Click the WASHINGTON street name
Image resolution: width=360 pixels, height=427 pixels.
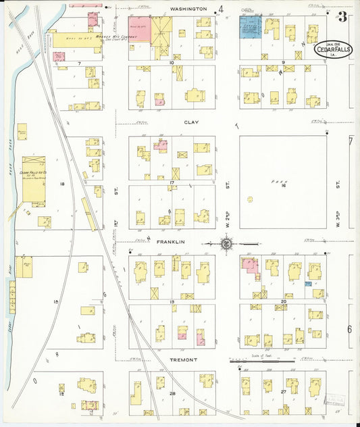click(188, 9)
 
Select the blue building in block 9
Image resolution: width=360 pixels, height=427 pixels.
click(251, 30)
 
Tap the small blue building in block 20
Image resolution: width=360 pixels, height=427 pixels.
click(308, 284)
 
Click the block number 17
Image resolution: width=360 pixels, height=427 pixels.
click(172, 182)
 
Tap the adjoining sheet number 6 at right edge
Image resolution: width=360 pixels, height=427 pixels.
click(350, 329)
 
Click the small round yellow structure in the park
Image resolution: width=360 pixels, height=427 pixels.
click(250, 199)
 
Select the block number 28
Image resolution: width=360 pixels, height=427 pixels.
click(172, 393)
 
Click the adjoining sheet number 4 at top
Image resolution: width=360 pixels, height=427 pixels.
click(220, 9)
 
